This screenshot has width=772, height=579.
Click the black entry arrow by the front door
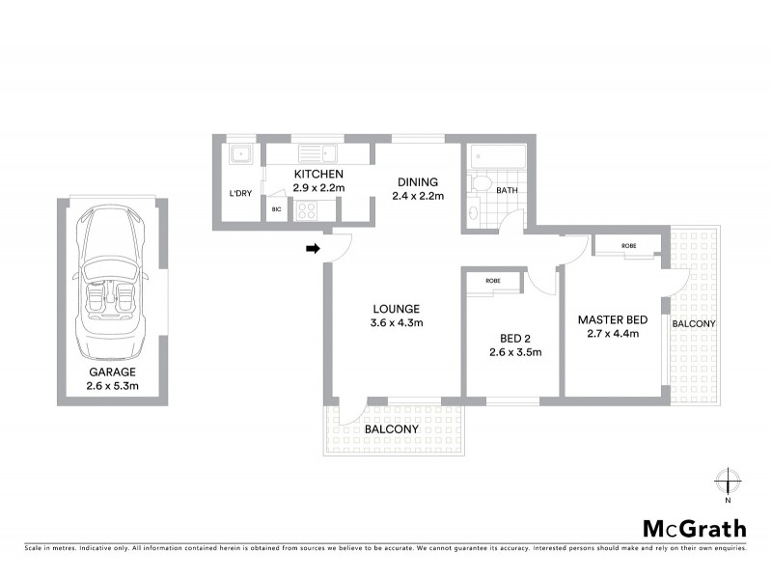tap(313, 249)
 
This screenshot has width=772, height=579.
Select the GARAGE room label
tap(112, 372)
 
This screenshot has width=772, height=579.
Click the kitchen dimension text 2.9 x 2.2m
tap(318, 188)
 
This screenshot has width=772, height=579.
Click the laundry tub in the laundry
tap(238, 154)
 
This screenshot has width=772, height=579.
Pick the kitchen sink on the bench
tap(316, 152)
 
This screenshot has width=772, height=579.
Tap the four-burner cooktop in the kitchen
tap(311, 210)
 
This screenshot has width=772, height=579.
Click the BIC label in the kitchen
tap(276, 209)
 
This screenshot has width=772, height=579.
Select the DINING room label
tap(417, 181)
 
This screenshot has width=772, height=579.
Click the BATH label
tap(508, 191)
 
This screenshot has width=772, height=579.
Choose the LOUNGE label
tap(397, 309)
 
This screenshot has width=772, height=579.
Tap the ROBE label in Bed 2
tap(492, 281)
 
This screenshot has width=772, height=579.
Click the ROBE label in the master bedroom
tap(628, 245)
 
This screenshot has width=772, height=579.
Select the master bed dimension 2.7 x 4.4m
tap(612, 335)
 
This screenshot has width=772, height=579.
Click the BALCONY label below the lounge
tap(391, 429)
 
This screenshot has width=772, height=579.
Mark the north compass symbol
tap(729, 482)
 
